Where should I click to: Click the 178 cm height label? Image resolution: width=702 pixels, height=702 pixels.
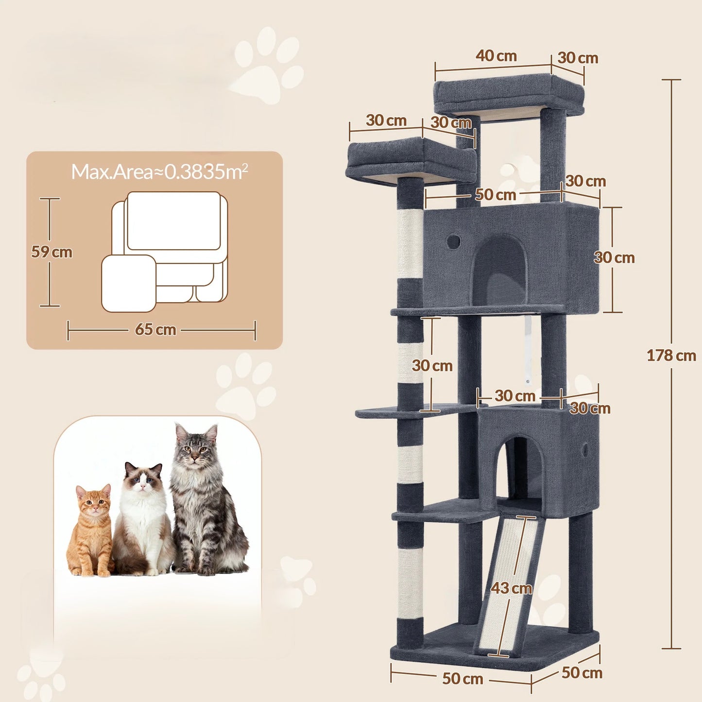pos(671,356)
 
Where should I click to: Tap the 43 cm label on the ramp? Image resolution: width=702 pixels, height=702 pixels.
pos(511,588)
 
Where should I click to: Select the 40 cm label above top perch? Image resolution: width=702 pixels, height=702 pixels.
pos(496,56)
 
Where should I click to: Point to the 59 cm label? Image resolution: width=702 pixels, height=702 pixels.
pos(51,252)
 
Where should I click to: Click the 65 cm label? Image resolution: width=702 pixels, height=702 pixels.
pos(155,329)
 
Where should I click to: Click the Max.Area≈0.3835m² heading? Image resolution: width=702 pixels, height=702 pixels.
pos(159,171)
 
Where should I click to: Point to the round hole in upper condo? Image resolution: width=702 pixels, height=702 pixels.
pos(453,241)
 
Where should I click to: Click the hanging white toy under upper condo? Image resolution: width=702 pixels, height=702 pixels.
pos(528,350)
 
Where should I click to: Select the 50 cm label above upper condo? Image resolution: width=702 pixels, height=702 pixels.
pos(495,195)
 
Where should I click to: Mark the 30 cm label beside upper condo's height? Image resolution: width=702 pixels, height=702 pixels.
pos(614,257)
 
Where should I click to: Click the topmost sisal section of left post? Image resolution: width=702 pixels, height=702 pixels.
pos(410,243)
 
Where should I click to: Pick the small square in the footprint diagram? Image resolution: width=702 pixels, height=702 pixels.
pos(129,283)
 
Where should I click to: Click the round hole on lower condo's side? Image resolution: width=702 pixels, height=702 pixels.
pos(585,450)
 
